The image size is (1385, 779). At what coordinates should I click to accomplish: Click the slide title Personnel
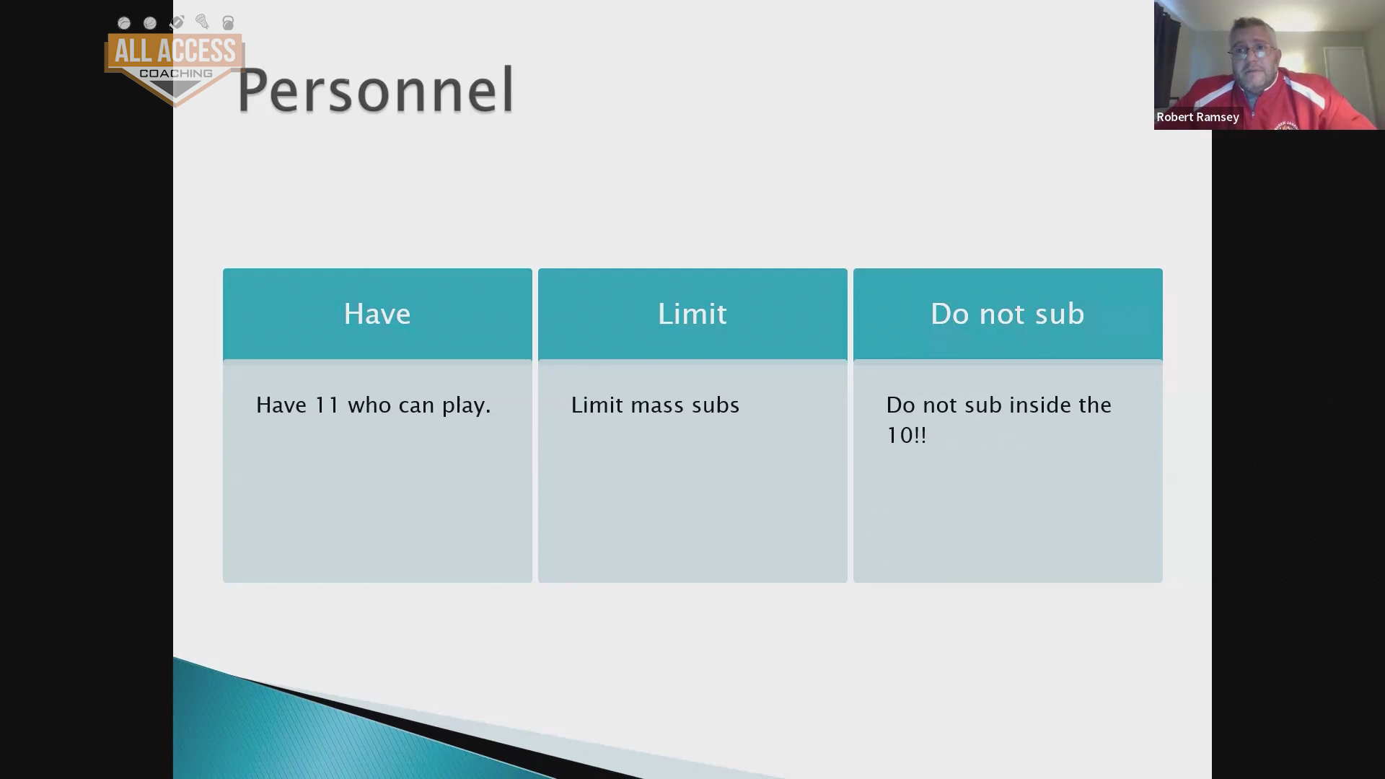375,90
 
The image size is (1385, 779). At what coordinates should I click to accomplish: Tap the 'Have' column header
377,314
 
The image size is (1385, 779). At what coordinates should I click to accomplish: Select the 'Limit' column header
692,314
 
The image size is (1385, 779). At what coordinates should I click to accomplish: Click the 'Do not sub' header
1008,314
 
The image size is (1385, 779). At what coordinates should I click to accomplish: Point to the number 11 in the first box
327,405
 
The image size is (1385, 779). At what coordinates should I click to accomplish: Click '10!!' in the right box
906,436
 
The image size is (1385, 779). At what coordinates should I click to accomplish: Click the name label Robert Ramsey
1197,117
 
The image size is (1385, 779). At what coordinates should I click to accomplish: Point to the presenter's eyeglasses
1252,51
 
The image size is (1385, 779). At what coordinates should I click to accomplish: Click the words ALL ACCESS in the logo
175,51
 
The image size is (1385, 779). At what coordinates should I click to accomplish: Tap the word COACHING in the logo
175,74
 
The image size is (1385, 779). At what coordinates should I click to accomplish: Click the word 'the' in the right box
1094,405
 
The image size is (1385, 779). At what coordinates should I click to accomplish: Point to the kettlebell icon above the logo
228,23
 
